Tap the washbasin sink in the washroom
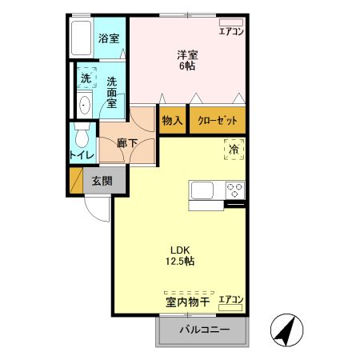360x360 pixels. pyautogui.click(x=85, y=104)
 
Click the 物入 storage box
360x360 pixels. pyautogui.click(x=172, y=120)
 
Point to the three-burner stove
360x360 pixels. pyautogui.click(x=235, y=190)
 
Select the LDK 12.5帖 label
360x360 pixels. pyautogui.click(x=180, y=255)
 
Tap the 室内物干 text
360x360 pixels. pyautogui.click(x=187, y=302)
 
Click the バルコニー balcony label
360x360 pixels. pyautogui.click(x=204, y=330)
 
